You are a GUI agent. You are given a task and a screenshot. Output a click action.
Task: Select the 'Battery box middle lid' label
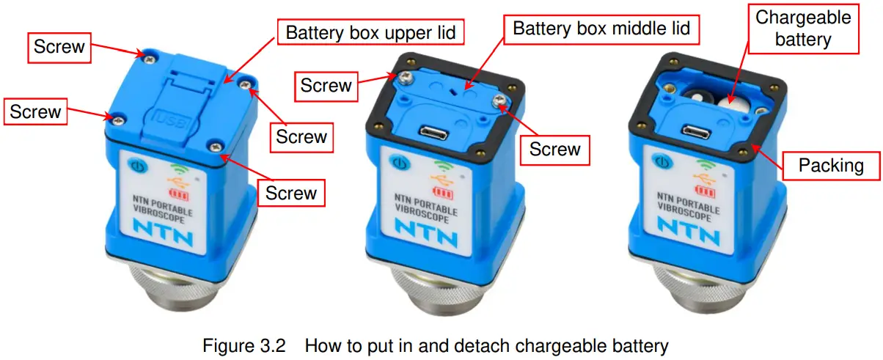tap(601, 29)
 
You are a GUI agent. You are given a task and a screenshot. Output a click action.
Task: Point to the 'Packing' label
tap(830, 165)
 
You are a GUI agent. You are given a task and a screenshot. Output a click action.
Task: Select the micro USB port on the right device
tap(696, 131)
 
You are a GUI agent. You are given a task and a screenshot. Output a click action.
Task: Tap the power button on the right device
tap(662, 161)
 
